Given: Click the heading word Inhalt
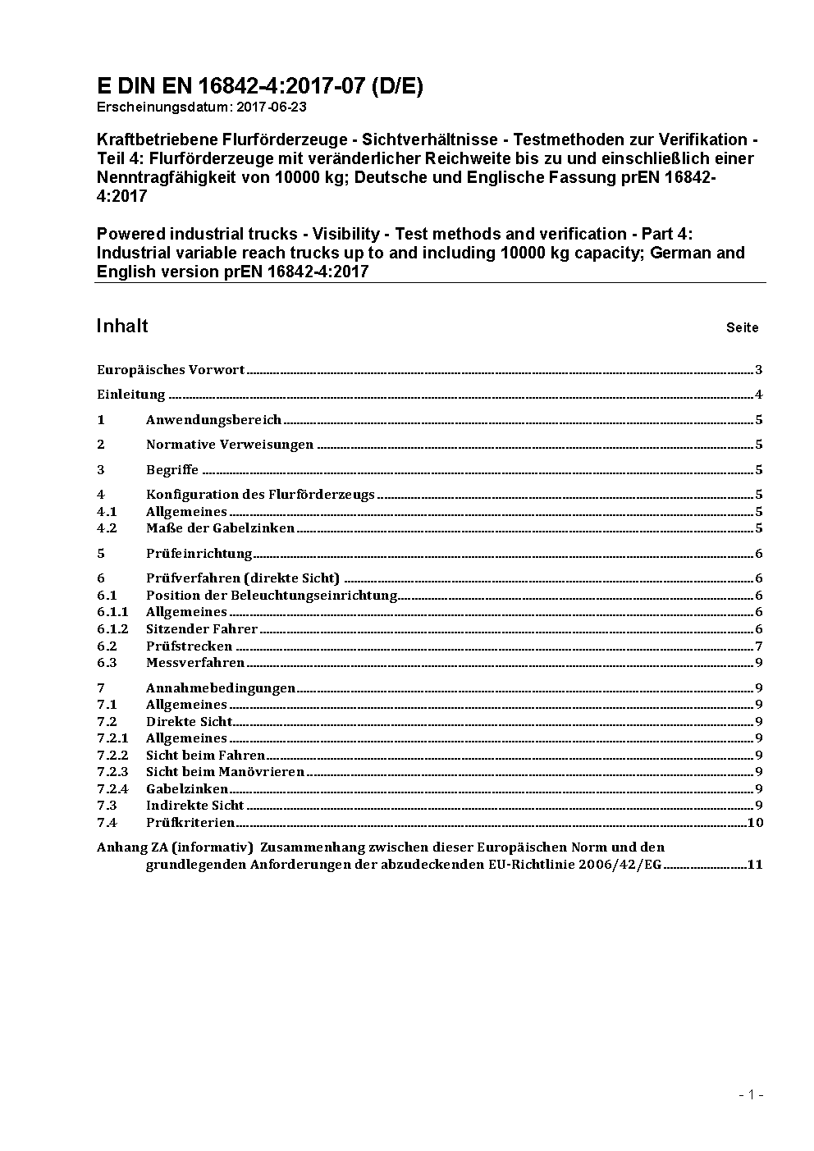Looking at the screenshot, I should [x=122, y=326].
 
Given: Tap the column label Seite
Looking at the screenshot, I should [x=742, y=328].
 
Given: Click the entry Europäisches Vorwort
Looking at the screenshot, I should [x=171, y=370].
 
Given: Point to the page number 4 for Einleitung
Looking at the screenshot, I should [x=759, y=395].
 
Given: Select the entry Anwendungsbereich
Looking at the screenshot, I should [x=213, y=420].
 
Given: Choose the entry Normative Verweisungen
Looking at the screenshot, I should [x=230, y=445].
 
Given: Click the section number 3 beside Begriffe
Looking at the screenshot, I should [x=101, y=470].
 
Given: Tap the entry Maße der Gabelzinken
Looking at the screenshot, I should [x=220, y=528].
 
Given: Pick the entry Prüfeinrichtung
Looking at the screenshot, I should [x=199, y=554].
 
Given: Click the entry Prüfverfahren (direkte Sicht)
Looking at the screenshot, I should [x=243, y=578].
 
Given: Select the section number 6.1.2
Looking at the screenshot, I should [x=112, y=629].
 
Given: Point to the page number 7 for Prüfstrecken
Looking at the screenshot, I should [x=759, y=646].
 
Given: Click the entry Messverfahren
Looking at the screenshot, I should [x=195, y=663].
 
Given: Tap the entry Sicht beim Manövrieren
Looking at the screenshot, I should [x=225, y=772].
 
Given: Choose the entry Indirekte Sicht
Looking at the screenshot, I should [x=195, y=806].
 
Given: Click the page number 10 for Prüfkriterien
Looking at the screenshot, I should [x=756, y=823].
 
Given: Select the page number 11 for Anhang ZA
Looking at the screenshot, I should [x=755, y=865].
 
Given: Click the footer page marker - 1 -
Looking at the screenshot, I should [x=752, y=1094].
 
